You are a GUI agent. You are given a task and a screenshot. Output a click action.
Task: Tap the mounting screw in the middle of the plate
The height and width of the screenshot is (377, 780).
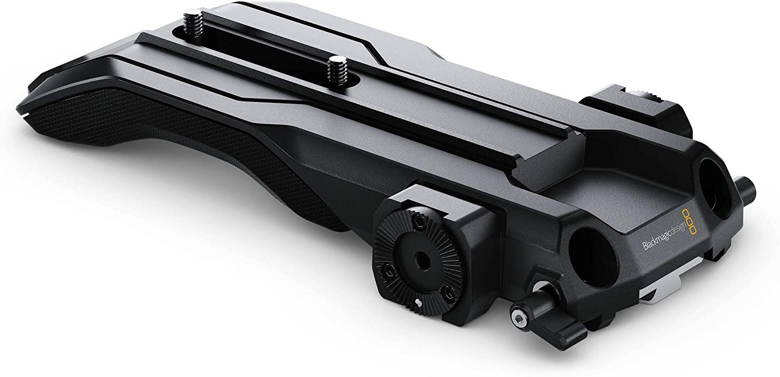click(336, 70)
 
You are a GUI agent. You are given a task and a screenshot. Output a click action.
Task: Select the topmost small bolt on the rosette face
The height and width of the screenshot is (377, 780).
click(418, 220)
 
